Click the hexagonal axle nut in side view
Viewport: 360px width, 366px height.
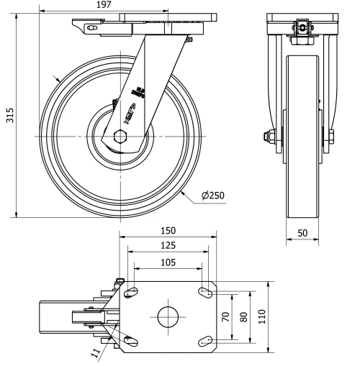(x=121, y=135)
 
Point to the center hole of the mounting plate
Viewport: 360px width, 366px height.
(x=167, y=316)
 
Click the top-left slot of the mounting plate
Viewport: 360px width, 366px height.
(x=132, y=291)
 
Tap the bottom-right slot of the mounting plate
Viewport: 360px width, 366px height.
(x=204, y=340)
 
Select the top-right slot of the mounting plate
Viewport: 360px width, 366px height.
(x=204, y=291)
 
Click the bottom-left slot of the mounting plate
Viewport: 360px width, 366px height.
(x=131, y=340)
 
